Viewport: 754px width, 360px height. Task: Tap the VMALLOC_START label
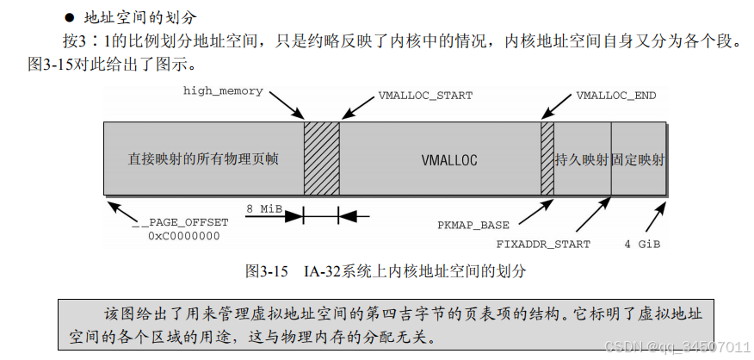click(425, 95)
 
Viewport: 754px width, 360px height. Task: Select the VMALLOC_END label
click(615, 95)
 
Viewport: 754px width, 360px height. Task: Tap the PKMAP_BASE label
click(473, 226)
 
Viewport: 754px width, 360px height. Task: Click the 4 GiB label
click(642, 244)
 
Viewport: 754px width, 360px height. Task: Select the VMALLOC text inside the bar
click(448, 160)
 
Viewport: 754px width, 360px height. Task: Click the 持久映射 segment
click(582, 160)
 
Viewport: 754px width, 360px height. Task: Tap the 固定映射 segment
click(638, 160)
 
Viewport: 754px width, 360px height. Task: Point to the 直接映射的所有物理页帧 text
click(203, 160)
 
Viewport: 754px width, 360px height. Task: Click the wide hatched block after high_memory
click(321, 158)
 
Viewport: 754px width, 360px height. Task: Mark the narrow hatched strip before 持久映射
click(547, 158)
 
